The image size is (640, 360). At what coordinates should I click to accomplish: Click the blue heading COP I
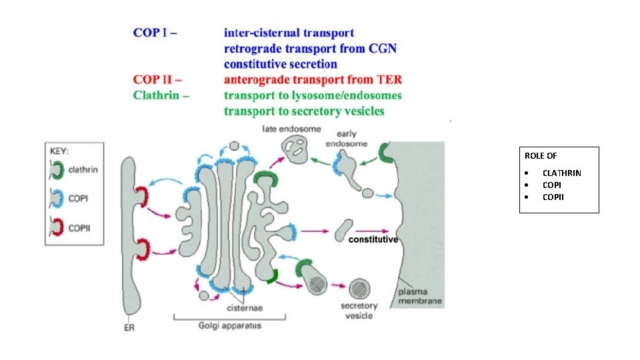point(155,32)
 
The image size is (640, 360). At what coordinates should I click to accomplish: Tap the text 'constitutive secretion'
point(280,64)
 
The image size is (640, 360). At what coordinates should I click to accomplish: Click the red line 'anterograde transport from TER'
point(313,80)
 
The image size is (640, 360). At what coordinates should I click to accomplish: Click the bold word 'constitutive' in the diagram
point(373,239)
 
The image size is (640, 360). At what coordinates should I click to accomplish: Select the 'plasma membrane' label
point(419,297)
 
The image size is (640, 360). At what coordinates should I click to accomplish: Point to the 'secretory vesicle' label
point(359,311)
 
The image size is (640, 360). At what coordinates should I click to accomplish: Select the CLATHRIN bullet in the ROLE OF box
point(561,173)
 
